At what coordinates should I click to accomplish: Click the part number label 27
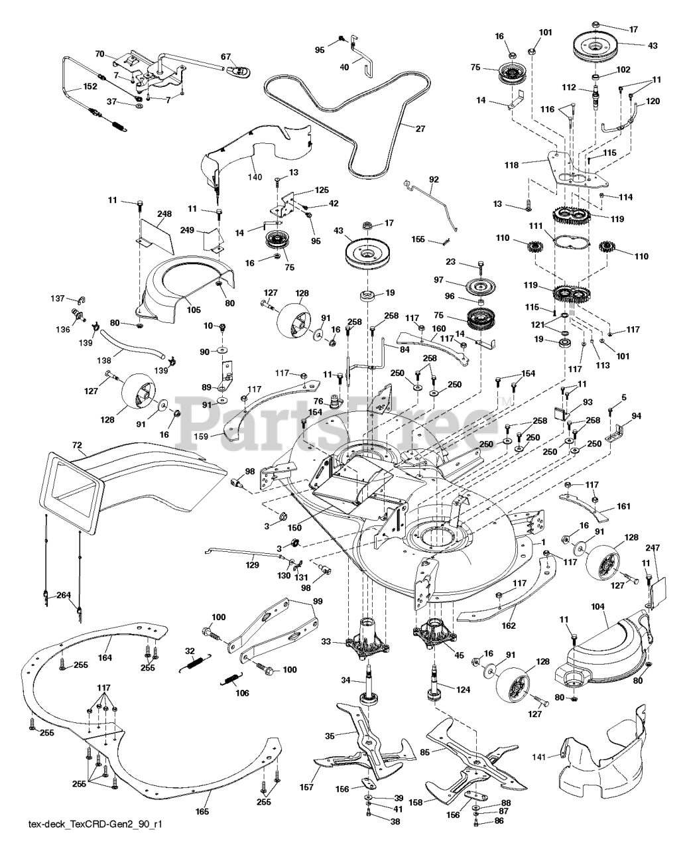tap(420, 129)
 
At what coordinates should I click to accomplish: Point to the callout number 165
tap(202, 812)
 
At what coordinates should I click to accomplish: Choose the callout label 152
tap(71, 87)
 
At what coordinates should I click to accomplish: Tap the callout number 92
tap(434, 179)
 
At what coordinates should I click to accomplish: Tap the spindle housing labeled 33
tap(367, 635)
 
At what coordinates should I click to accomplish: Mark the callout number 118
tap(530, 162)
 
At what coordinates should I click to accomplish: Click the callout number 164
tap(105, 658)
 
